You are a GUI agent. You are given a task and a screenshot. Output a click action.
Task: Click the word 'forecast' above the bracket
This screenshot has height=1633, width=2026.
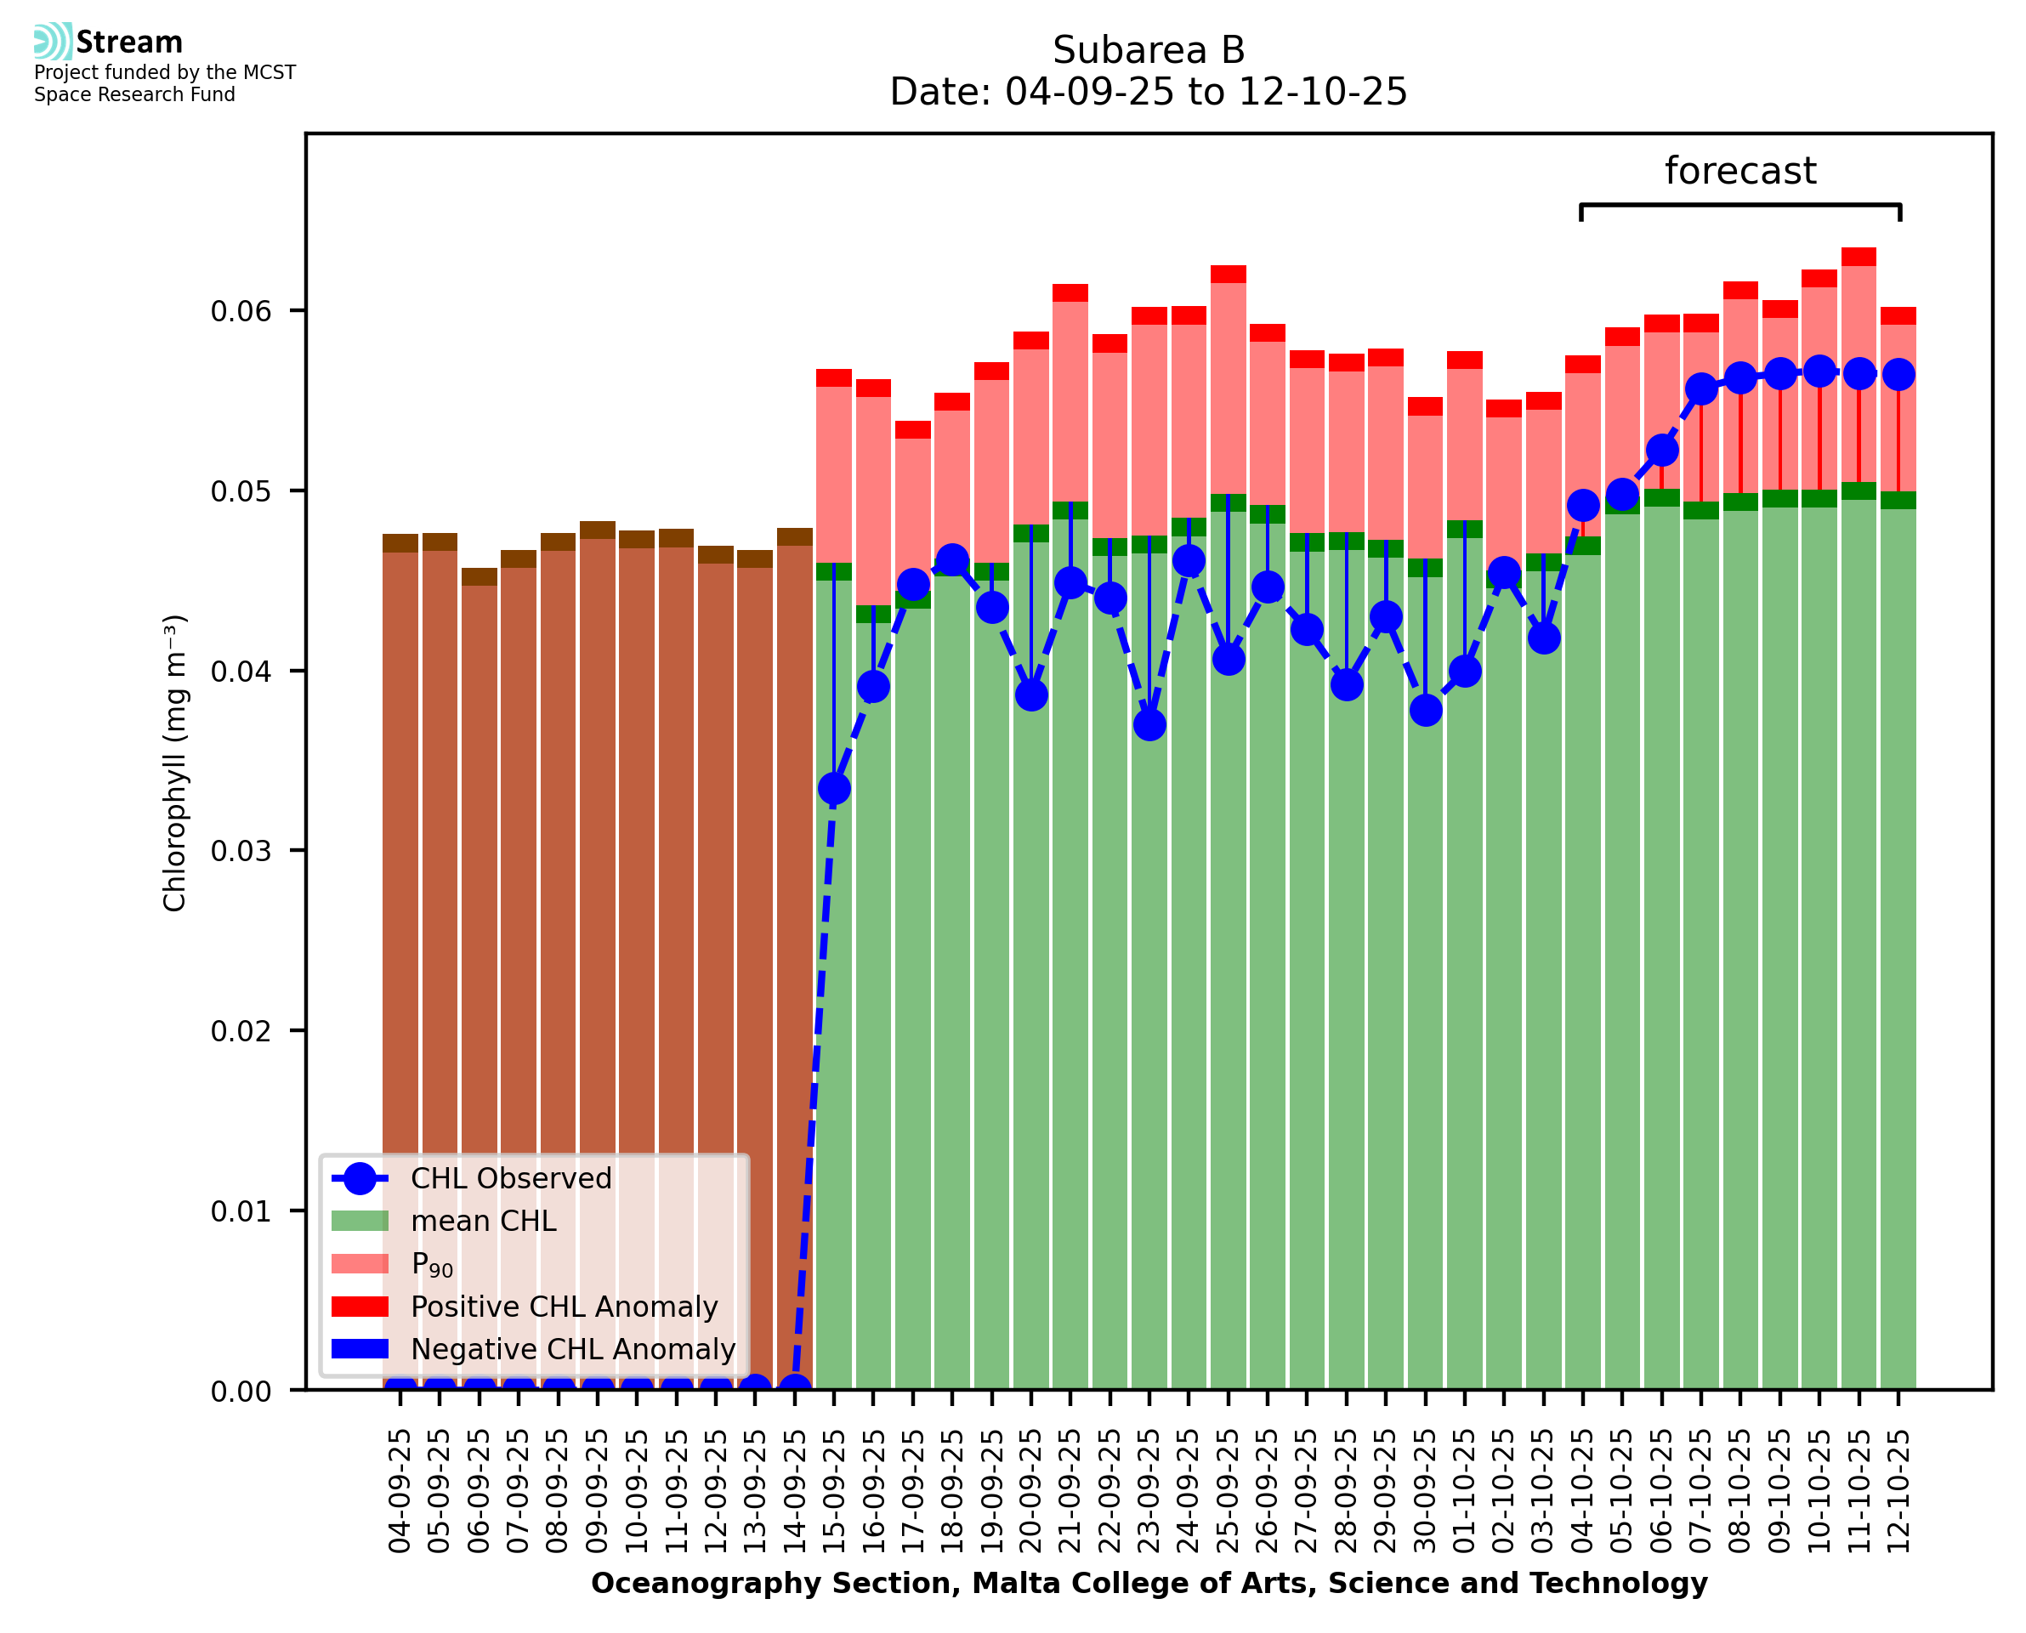[x=1739, y=171]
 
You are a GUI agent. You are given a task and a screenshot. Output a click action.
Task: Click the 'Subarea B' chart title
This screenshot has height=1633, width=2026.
[x=1148, y=50]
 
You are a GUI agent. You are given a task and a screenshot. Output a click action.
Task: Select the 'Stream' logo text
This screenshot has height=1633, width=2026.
[x=129, y=43]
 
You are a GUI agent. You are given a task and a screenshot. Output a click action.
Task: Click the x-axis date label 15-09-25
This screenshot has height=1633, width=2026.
[x=834, y=1491]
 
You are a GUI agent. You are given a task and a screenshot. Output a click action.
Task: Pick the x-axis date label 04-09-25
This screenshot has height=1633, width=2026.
[x=400, y=1491]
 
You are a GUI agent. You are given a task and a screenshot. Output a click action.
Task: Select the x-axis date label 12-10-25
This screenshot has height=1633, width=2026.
[x=1898, y=1491]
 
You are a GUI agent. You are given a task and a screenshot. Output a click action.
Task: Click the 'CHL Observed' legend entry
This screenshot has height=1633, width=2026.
[x=511, y=1179]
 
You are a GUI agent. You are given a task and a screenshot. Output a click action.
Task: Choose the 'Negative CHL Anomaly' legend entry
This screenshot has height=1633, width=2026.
[x=573, y=1349]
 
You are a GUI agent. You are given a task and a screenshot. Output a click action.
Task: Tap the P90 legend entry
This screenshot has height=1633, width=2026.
[x=432, y=1264]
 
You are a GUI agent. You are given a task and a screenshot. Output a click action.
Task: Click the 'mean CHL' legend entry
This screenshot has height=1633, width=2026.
[x=484, y=1221]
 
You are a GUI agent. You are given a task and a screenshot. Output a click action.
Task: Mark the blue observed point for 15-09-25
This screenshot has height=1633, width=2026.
[x=834, y=788]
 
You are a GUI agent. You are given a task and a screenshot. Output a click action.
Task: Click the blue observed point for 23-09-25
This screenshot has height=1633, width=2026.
[x=1149, y=724]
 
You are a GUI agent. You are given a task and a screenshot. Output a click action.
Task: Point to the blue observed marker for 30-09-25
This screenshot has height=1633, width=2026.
[x=1426, y=709]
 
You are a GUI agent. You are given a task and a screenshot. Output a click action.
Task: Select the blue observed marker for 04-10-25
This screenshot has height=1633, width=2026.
[x=1583, y=506]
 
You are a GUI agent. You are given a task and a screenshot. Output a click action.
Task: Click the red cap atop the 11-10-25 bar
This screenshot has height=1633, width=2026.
[x=1859, y=257]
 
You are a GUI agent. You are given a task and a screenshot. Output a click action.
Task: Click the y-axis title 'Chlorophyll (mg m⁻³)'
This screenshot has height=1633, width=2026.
[x=175, y=763]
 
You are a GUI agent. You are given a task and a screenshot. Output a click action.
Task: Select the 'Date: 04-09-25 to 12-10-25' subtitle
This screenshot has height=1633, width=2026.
[x=1148, y=92]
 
